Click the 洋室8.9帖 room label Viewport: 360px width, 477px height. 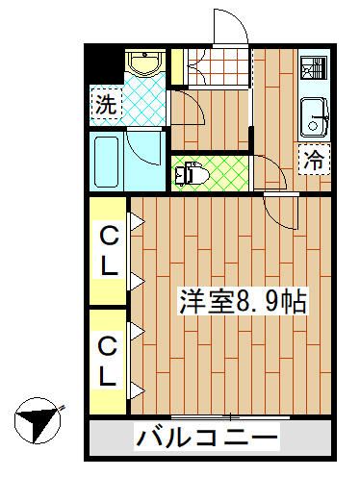point(241,302)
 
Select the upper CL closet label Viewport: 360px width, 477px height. point(109,248)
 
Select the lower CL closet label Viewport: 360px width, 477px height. point(109,360)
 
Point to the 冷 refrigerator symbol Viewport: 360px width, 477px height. point(315,162)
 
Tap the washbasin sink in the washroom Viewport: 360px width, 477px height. point(144,65)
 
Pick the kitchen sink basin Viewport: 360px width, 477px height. point(314,120)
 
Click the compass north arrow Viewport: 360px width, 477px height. point(39,421)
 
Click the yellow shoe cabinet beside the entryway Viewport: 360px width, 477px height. point(177,66)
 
